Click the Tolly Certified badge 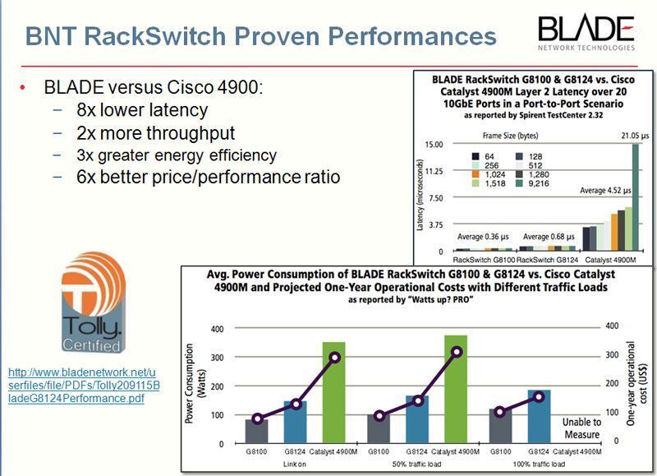coord(94,302)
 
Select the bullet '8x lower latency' coord(142,109)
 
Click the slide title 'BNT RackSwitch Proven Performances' coord(260,37)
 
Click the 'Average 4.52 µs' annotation coord(606,190)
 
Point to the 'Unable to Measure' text coord(581,427)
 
